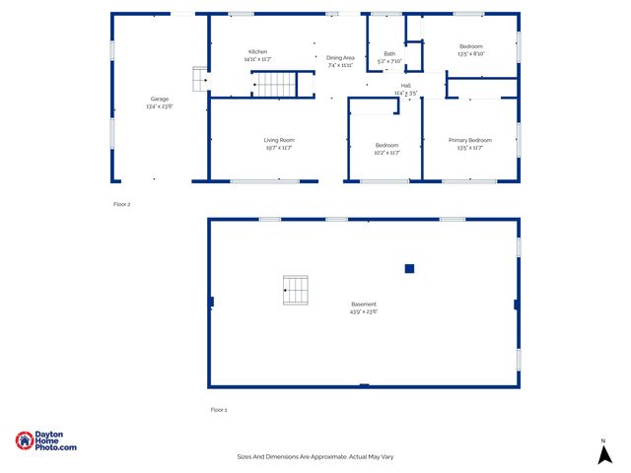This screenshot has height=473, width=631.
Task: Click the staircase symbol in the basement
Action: (x=295, y=290)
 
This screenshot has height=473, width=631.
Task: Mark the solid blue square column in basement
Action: (x=409, y=268)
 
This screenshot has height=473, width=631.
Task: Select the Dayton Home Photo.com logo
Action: (x=45, y=441)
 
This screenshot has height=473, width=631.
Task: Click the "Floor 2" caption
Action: (x=121, y=204)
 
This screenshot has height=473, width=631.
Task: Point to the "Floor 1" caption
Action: (x=219, y=409)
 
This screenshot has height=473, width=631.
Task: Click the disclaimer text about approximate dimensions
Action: (x=315, y=456)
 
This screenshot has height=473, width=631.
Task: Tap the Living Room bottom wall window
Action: (x=264, y=181)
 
